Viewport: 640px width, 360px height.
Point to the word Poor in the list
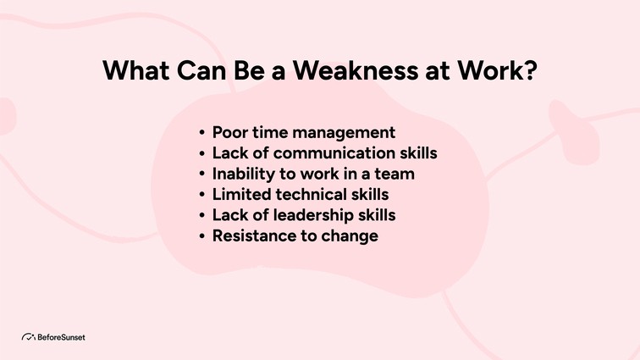(229, 133)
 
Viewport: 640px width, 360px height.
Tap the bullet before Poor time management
(201, 134)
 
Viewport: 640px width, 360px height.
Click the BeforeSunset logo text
(61, 337)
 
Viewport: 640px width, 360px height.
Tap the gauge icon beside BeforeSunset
(28, 337)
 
